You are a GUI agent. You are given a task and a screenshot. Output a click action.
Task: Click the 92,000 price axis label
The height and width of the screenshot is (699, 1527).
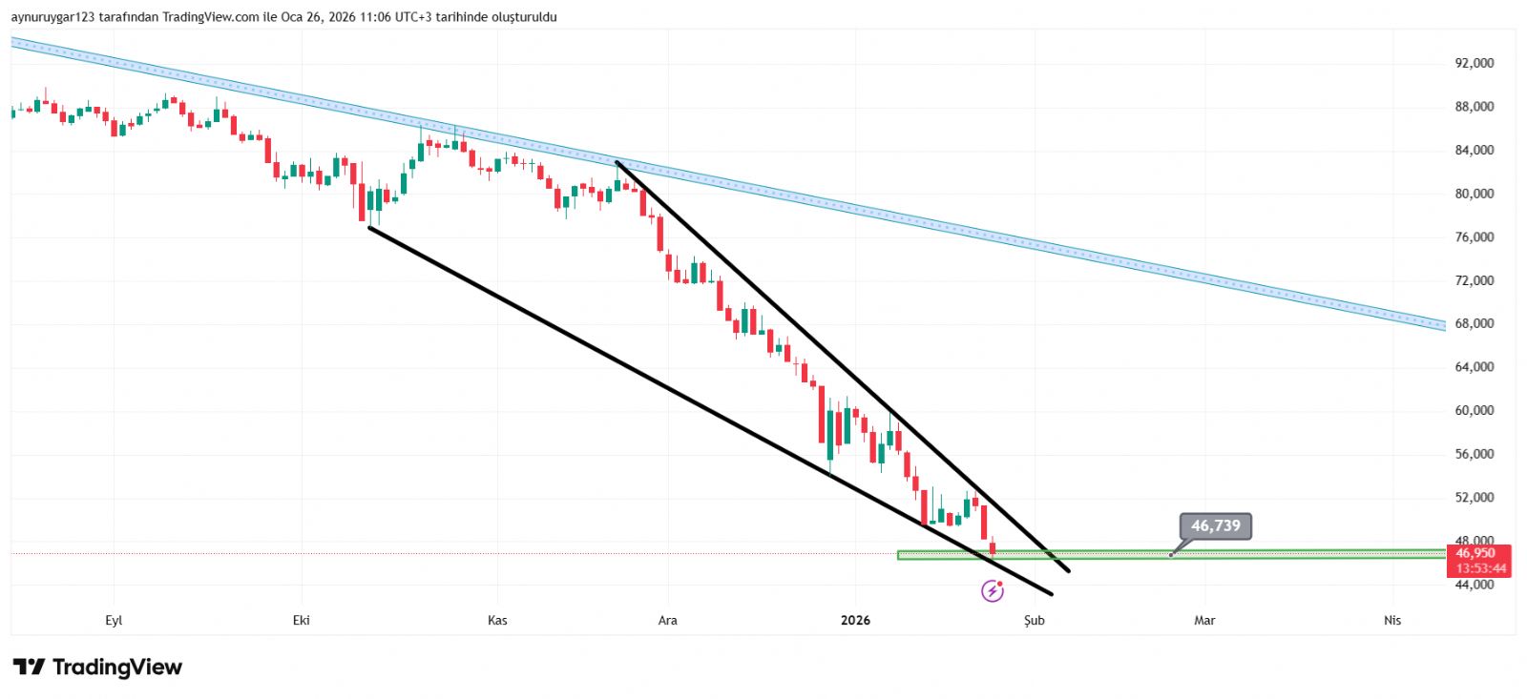coord(1474,63)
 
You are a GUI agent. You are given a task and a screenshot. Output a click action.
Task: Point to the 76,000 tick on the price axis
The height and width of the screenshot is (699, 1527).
coord(1474,237)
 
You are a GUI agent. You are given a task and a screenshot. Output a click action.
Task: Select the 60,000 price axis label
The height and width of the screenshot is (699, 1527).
coord(1474,411)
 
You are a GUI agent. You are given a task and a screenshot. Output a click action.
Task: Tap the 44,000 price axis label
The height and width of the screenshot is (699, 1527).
coord(1474,585)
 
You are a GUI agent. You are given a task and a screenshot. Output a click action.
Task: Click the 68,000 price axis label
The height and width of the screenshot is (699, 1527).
coord(1474,324)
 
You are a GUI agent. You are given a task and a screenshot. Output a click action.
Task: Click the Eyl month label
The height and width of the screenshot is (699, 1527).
coord(114,621)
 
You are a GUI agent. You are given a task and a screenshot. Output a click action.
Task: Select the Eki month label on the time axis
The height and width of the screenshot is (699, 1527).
coord(302,621)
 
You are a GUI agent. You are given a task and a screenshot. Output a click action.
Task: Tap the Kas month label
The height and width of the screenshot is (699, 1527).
coord(497,621)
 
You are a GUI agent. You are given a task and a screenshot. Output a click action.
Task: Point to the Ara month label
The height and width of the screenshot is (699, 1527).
coord(668,621)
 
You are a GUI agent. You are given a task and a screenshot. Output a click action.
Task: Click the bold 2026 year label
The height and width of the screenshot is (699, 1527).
coord(855,621)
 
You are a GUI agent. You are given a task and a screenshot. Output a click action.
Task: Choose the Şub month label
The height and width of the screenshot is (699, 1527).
coord(1035,621)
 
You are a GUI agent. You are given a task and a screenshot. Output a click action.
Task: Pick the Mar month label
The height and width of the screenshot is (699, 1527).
coord(1204,621)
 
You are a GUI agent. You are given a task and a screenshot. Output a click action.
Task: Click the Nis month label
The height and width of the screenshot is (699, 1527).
coord(1392,621)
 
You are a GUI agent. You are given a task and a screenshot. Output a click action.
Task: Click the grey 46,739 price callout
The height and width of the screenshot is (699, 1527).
coord(1215,526)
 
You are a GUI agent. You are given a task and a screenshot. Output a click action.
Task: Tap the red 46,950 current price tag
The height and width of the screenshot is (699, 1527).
coord(1475,553)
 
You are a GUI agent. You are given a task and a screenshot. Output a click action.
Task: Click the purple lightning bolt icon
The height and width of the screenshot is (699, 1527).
coord(993,591)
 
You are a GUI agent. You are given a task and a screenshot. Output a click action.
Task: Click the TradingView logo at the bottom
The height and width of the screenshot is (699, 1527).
coord(97,667)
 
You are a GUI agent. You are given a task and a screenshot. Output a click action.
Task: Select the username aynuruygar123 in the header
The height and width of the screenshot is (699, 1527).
coord(53,17)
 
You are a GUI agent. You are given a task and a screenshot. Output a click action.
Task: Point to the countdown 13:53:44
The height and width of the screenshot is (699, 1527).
coord(1480,568)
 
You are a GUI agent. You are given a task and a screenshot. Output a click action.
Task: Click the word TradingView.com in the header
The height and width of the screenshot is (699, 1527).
coord(210,17)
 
